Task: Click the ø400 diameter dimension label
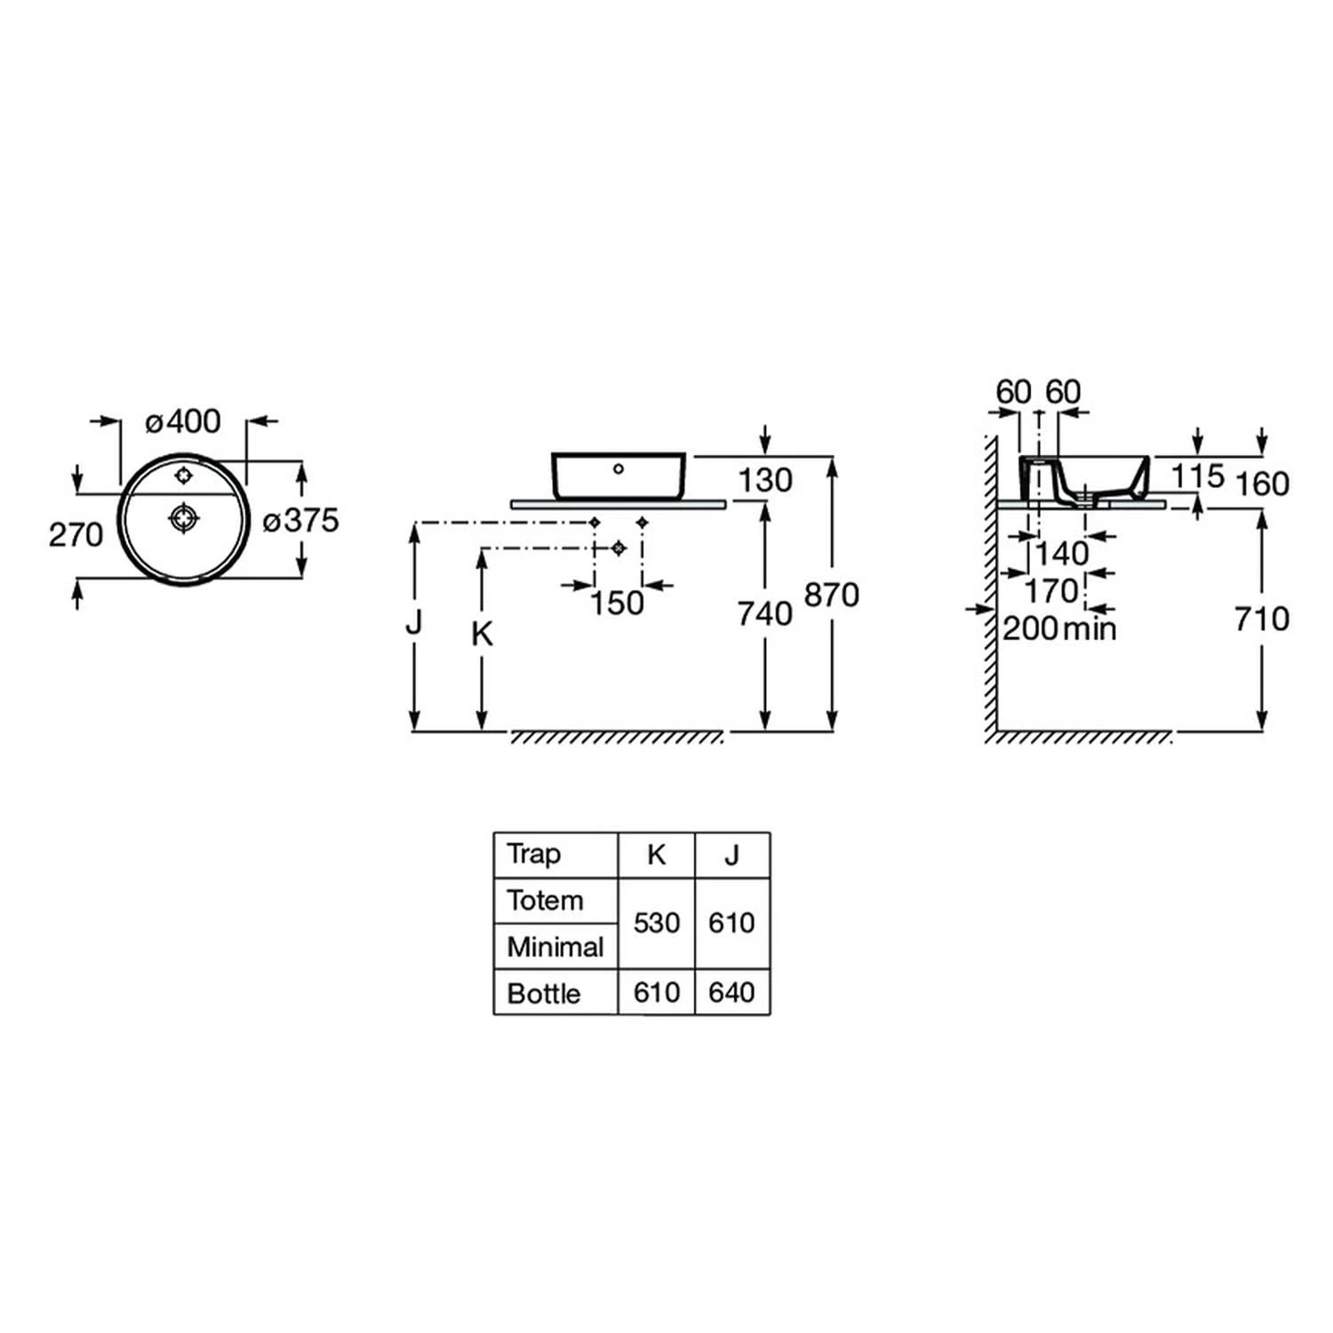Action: (x=183, y=421)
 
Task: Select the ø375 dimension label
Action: (x=301, y=520)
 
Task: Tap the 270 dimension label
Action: (x=76, y=535)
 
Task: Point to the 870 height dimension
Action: (x=832, y=595)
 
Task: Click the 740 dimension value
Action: (x=765, y=613)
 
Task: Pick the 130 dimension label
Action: (x=765, y=481)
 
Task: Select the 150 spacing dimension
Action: (x=617, y=603)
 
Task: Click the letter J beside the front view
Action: (x=413, y=623)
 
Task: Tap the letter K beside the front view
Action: (x=482, y=634)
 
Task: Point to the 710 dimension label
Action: (x=1262, y=619)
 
